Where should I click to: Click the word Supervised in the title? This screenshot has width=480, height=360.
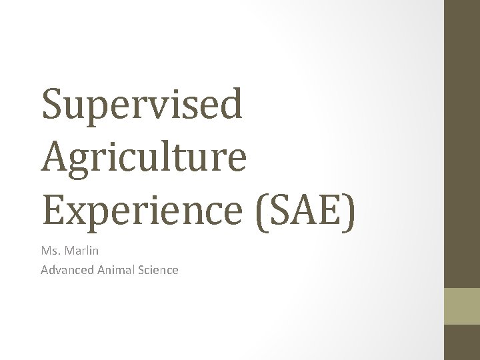(x=142, y=104)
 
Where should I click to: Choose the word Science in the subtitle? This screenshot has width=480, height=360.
(x=157, y=270)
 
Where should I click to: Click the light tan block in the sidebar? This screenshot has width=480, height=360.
(x=461, y=306)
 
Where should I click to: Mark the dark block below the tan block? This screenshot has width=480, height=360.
(x=461, y=342)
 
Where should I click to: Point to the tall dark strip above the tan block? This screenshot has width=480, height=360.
(x=461, y=143)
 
